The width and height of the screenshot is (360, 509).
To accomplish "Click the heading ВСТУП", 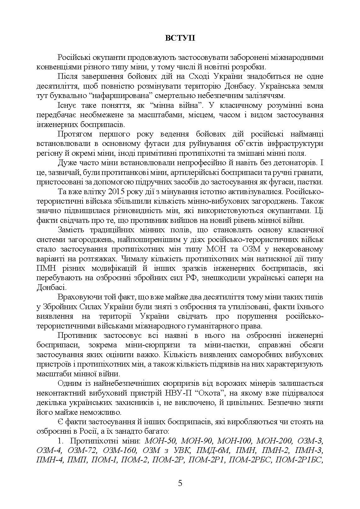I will pos(180,38).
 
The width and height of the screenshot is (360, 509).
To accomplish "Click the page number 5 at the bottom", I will pos(180,483).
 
